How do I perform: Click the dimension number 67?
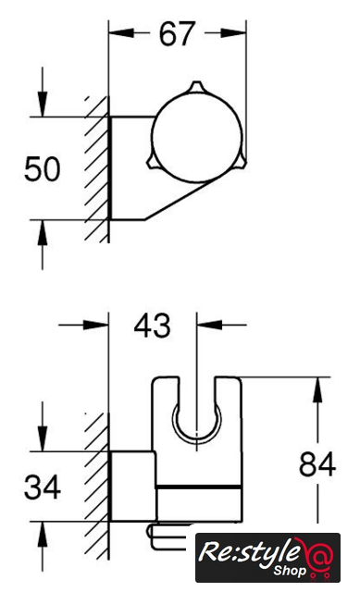177,34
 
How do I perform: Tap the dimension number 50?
43,168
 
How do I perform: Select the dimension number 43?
152,326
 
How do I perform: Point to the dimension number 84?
317,464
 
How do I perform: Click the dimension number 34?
43,487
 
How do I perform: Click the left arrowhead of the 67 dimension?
121,33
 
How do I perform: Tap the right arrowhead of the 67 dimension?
233,33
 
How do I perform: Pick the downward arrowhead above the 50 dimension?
43,104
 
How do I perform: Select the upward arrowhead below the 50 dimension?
43,232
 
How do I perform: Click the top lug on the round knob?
196,86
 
